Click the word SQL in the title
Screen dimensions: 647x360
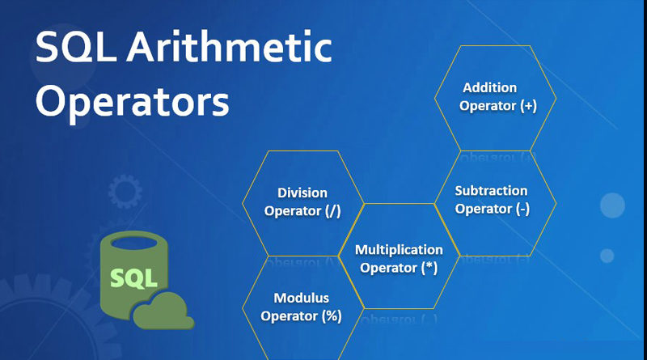click(x=75, y=48)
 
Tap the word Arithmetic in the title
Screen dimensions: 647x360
click(x=230, y=46)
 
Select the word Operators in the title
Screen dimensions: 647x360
click(x=132, y=102)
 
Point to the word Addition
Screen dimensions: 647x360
click(x=490, y=87)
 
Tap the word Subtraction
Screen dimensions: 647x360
click(x=491, y=191)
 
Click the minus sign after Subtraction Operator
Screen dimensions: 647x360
click(x=522, y=210)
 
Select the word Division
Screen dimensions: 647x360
click(x=302, y=193)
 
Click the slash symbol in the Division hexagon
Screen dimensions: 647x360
click(x=333, y=211)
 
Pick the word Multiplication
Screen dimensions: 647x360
click(x=399, y=250)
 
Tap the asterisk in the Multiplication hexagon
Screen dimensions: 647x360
click(x=429, y=265)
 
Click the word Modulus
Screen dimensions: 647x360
click(x=301, y=298)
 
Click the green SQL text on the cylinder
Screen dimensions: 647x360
click(x=133, y=277)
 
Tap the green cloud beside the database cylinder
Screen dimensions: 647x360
click(x=164, y=311)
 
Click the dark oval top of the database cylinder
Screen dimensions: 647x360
click(x=134, y=243)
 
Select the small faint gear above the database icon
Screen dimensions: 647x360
click(x=125, y=191)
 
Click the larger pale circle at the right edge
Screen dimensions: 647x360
click(x=612, y=205)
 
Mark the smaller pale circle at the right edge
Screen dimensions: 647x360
click(x=607, y=256)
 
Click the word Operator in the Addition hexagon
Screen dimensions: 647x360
click(x=488, y=106)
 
